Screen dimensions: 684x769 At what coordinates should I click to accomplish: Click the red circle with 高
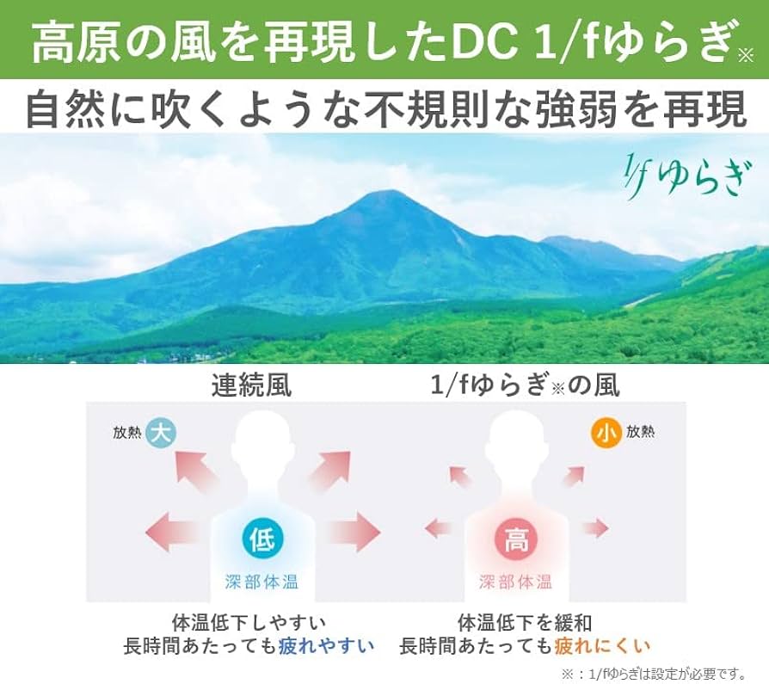click(515, 541)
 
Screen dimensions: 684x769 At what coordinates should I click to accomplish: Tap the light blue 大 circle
click(160, 432)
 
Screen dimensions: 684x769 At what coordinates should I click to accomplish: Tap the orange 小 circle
click(606, 433)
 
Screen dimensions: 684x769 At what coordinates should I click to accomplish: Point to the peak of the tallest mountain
click(378, 195)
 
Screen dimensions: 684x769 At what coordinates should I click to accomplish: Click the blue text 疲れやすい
click(327, 645)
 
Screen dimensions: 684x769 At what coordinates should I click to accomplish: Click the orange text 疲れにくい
click(602, 645)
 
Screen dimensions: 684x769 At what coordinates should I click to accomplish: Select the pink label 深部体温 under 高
click(515, 582)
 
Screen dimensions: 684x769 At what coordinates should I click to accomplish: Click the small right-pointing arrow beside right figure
click(594, 527)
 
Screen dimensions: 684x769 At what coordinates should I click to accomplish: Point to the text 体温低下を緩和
click(525, 622)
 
